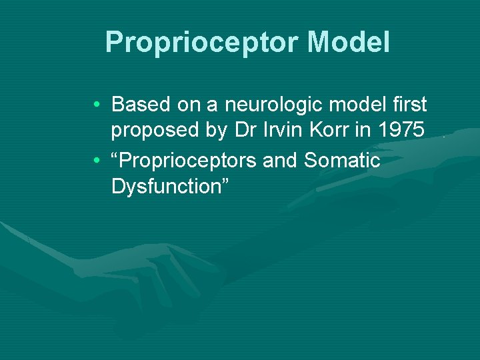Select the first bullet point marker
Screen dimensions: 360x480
tap(97, 105)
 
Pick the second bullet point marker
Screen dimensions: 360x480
tap(97, 161)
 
